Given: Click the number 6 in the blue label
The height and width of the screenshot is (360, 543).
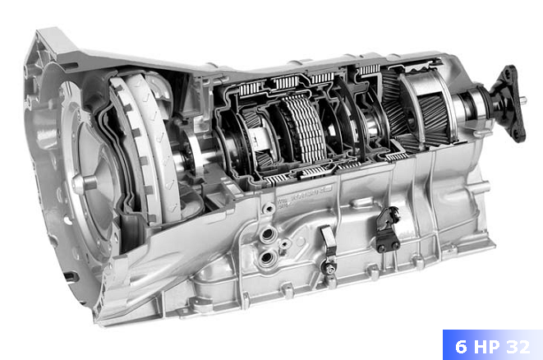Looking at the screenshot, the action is tap(461, 347).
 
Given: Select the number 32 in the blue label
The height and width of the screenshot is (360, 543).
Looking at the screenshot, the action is tap(518, 347).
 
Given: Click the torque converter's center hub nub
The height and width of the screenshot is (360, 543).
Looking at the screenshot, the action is tap(84, 183).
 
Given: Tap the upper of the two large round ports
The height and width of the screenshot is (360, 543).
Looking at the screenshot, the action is tap(267, 235).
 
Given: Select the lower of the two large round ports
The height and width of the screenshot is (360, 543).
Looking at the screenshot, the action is tap(267, 257).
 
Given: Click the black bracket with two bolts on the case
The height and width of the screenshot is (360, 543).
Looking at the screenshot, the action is tap(388, 229).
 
